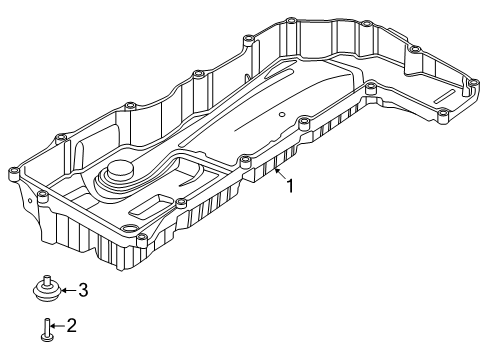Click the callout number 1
291,186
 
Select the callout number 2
71,325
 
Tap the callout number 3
83,290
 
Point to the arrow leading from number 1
279,175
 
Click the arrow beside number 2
57,326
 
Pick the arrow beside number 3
68,290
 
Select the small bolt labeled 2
47,330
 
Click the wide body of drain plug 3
47,291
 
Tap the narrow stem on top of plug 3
47,280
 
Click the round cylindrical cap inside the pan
119,171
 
